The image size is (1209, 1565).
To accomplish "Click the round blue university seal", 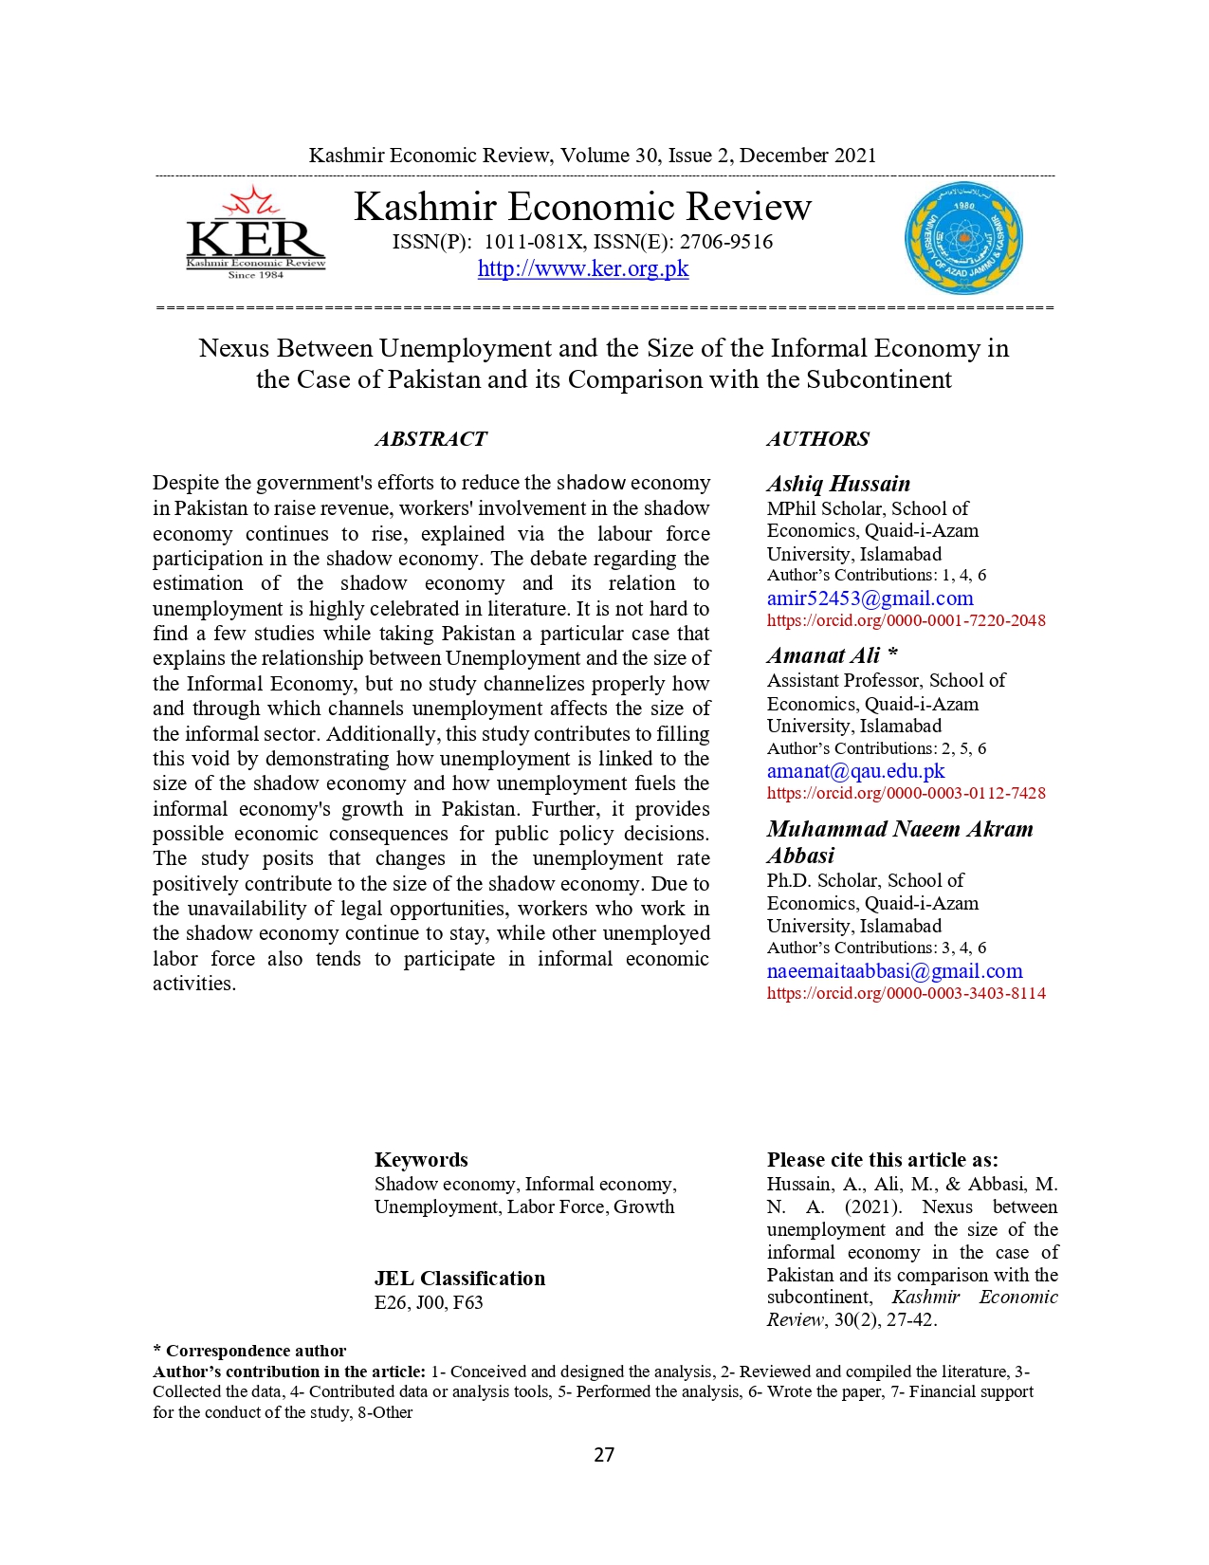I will click(963, 238).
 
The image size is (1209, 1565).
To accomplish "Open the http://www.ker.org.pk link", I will click(582, 268).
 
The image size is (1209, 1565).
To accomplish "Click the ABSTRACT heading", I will click(430, 439).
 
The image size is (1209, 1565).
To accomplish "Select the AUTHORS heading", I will click(817, 439).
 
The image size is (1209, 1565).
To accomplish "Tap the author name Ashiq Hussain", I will click(838, 484).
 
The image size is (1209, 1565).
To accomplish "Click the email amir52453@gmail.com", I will click(870, 598).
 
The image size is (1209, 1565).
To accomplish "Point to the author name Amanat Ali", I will click(824, 655).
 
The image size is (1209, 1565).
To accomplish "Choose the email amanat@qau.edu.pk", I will click(855, 771).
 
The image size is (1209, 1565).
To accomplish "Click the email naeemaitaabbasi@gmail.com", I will click(894, 971).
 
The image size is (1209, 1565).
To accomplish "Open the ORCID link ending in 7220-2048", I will click(906, 620).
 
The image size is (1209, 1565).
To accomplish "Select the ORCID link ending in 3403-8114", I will click(906, 993).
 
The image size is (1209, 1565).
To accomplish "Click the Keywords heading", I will click(421, 1159).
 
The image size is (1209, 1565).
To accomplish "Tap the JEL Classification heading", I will click(460, 1279).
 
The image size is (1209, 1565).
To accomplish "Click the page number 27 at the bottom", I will click(604, 1455).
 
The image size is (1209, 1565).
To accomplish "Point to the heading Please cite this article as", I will click(882, 1159).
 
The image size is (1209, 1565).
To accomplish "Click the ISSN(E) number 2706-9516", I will click(726, 242).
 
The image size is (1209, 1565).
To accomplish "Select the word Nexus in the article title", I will click(234, 348).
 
